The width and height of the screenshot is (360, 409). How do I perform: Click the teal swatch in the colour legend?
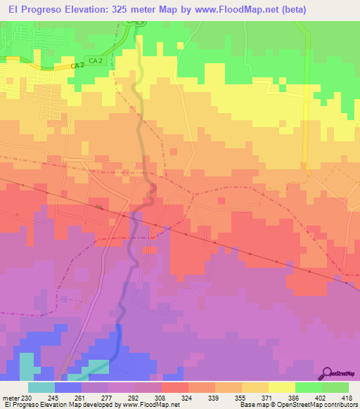click(41, 387)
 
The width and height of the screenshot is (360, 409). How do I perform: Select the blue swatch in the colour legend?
click(68, 387)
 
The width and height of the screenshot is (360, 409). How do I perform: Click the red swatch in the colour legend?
click(175, 387)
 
